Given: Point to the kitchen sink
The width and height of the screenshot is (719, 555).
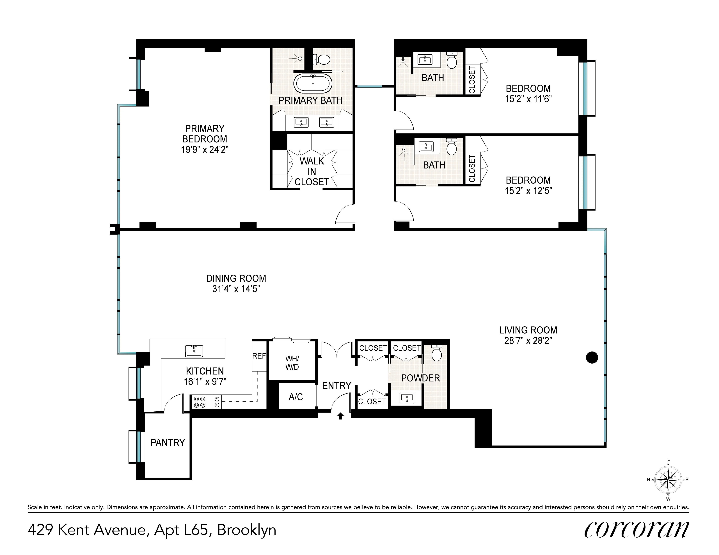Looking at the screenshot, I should [194, 351].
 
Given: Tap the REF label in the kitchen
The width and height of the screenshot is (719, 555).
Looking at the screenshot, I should [259, 356].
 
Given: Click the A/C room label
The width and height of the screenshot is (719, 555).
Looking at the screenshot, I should [296, 397].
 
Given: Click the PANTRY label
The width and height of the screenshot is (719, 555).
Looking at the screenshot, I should [168, 443].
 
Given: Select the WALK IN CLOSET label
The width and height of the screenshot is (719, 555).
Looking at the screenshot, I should [312, 171].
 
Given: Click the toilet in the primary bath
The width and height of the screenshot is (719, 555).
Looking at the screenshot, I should [322, 60].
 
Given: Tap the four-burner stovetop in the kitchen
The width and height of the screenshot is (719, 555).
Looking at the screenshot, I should [200, 402].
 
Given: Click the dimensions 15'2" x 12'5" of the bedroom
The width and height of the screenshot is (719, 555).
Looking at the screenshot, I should [528, 191].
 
